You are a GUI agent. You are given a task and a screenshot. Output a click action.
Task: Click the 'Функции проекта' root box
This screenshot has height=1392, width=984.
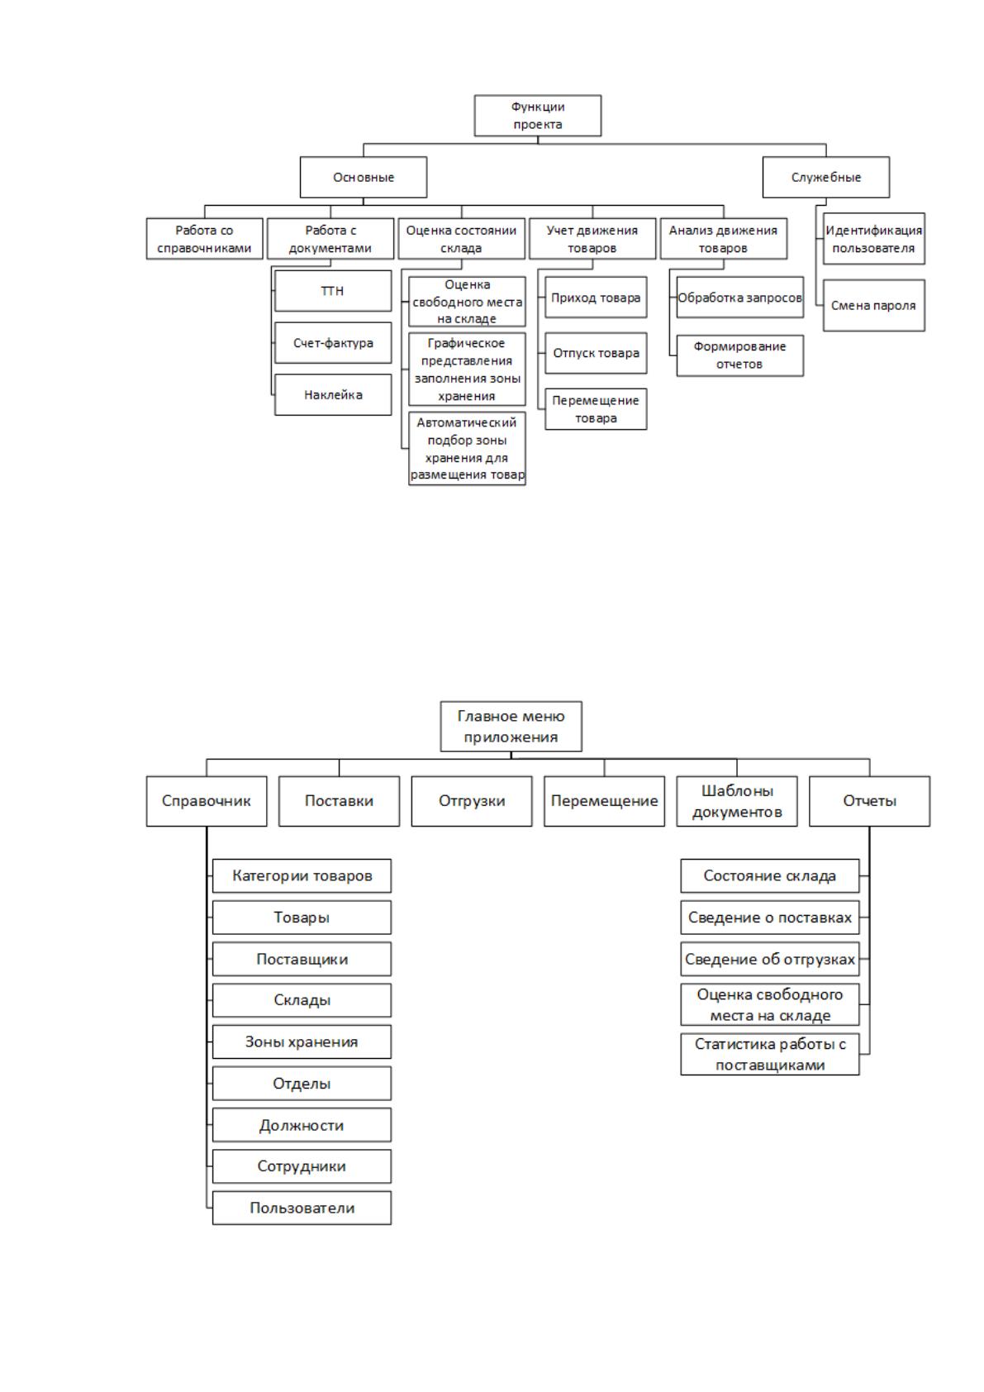[537, 116]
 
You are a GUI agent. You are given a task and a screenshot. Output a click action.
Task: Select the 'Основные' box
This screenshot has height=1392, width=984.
[364, 177]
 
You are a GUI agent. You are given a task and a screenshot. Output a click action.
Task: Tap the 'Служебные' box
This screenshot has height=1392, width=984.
[825, 177]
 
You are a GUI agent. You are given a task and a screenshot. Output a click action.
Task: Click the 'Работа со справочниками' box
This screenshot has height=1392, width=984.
[204, 239]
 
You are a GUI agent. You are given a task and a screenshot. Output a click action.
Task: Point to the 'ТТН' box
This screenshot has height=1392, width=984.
[333, 291]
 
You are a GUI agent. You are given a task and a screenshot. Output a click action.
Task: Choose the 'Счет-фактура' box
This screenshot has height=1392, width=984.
[333, 342]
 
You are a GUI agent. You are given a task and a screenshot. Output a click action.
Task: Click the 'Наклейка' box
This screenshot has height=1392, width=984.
[333, 394]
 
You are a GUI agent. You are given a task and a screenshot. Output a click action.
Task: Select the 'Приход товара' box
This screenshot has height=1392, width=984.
[596, 298]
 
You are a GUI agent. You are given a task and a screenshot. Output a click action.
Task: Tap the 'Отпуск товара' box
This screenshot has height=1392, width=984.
[596, 353]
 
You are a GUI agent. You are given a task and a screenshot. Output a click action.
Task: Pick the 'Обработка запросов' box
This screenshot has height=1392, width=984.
[740, 298]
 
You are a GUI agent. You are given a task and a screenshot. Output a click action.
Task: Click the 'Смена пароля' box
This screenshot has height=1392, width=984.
[873, 305]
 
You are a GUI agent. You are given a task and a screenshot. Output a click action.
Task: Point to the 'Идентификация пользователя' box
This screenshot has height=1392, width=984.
[873, 239]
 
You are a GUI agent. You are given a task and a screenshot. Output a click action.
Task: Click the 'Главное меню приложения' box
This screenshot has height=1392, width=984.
[511, 727]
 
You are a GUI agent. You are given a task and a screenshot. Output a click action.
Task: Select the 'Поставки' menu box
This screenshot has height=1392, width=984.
[339, 801]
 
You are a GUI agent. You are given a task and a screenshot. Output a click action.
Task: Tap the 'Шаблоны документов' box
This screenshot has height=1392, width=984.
[737, 801]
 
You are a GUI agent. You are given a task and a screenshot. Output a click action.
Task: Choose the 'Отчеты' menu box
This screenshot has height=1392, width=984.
[869, 801]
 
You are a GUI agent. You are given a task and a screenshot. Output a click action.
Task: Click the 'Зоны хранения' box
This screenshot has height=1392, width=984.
[302, 1042]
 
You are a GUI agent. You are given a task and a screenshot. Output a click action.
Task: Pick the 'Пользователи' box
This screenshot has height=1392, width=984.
[302, 1208]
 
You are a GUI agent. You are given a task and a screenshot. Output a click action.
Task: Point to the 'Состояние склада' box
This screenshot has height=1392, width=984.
[770, 875]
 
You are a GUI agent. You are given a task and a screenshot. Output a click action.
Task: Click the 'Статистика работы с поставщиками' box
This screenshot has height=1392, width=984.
[770, 1054]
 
